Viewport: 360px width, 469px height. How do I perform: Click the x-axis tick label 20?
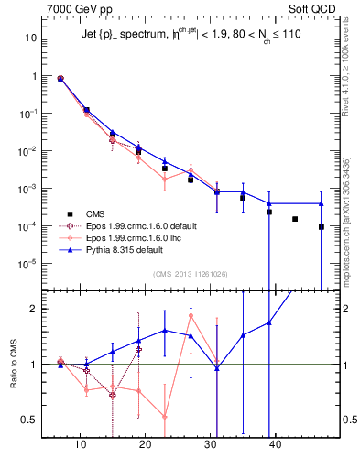[146, 445]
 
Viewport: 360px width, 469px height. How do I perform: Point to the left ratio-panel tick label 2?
[35, 309]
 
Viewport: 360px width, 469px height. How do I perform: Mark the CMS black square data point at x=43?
[295, 219]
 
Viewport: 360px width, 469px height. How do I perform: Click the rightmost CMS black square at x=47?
[322, 227]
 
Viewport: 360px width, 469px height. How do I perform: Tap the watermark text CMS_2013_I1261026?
[191, 274]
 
